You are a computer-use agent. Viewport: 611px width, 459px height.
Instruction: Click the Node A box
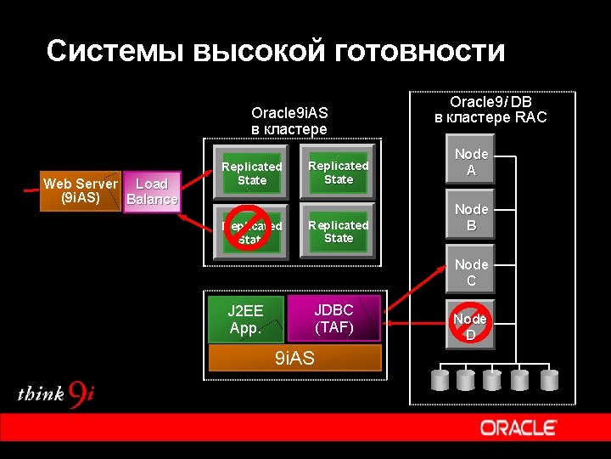pyautogui.click(x=471, y=161)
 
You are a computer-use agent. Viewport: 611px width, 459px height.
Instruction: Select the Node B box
pyautogui.click(x=471, y=218)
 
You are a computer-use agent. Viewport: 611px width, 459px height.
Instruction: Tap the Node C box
pyautogui.click(x=471, y=272)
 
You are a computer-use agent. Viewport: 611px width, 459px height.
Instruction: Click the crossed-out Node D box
pyautogui.click(x=470, y=326)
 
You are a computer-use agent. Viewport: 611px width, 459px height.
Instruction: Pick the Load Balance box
pyautogui.click(x=151, y=192)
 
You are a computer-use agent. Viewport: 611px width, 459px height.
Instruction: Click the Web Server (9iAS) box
pyautogui.click(x=81, y=191)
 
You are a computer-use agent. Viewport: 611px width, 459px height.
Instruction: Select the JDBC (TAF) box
pyautogui.click(x=334, y=318)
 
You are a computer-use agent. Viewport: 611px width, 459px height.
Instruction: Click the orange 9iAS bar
pyautogui.click(x=294, y=358)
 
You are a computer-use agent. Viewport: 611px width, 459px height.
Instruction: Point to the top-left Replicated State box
pyautogui.click(x=252, y=173)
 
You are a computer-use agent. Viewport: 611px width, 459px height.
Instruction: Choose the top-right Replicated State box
pyautogui.click(x=338, y=173)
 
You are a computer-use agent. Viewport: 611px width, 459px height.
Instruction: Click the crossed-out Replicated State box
pyautogui.click(x=251, y=231)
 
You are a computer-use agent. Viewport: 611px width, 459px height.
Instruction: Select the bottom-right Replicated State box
pyautogui.click(x=338, y=231)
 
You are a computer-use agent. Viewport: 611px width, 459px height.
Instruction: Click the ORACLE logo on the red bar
pyautogui.click(x=518, y=428)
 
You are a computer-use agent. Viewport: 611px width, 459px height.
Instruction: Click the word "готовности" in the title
pyautogui.click(x=421, y=52)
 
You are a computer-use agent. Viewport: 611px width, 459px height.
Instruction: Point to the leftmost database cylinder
pyautogui.click(x=440, y=379)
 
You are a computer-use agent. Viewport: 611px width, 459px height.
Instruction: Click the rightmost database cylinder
pyautogui.click(x=549, y=379)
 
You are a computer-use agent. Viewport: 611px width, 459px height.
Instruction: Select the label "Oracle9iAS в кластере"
pyautogui.click(x=289, y=121)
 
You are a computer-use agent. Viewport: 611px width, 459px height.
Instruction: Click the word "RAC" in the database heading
pyautogui.click(x=530, y=117)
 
